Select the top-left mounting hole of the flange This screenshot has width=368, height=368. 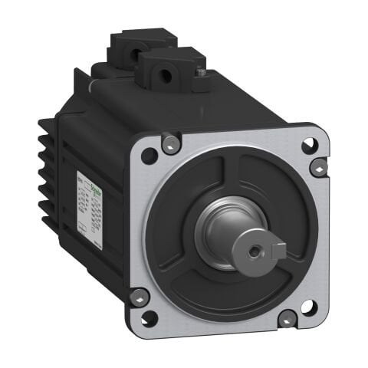[x=149, y=156]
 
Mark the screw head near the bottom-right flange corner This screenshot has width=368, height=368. [x=287, y=319]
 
